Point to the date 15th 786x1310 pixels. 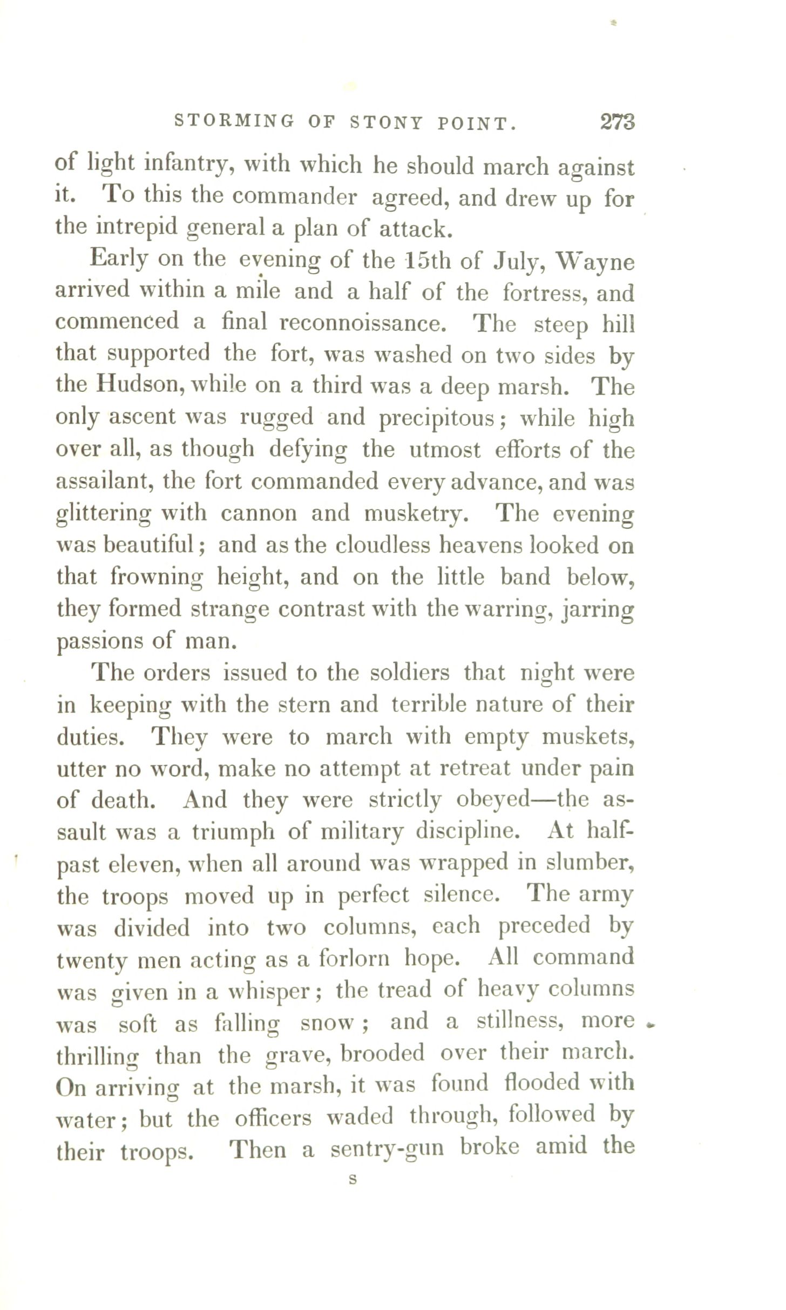(427, 261)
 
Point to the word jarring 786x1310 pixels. (598, 610)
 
